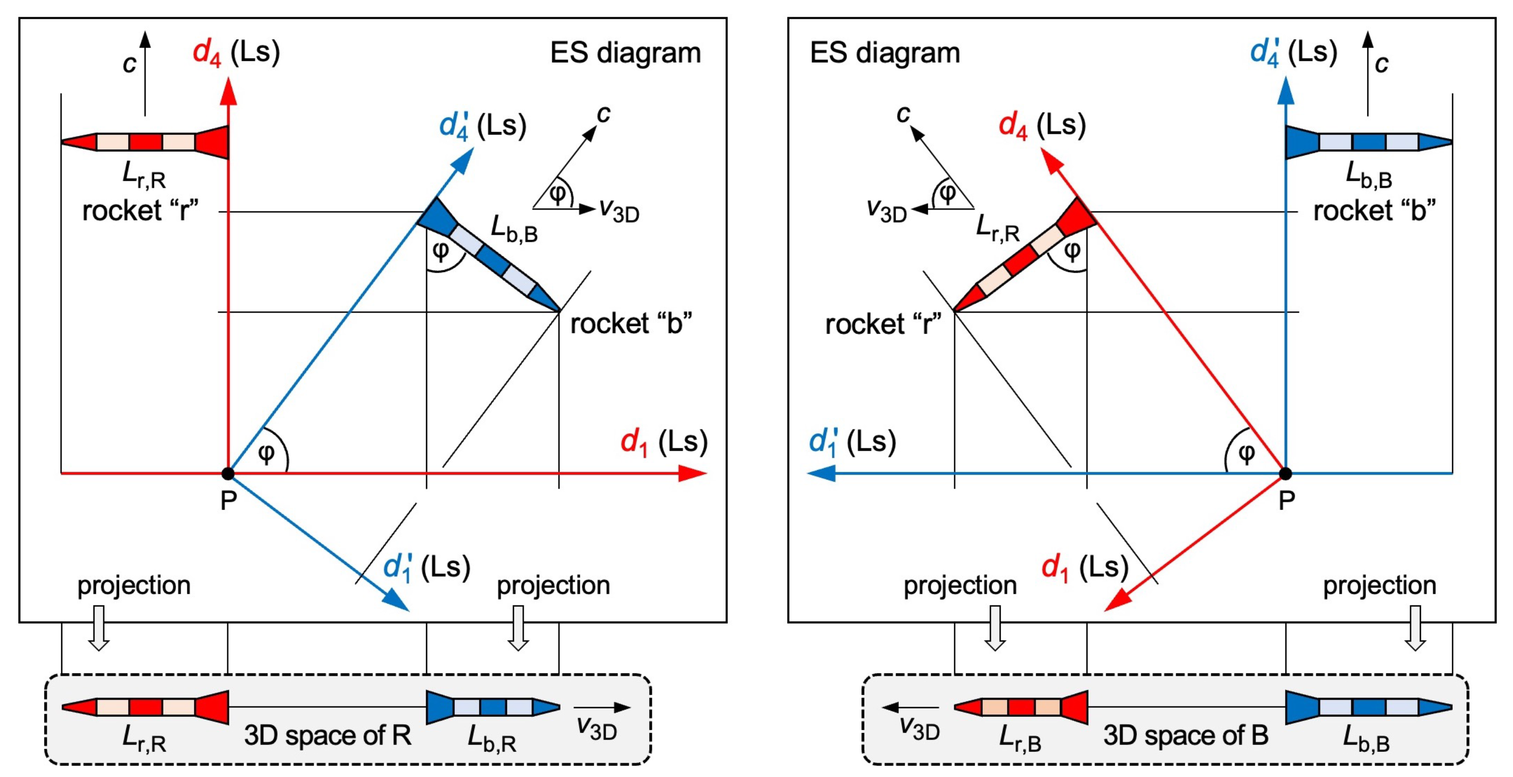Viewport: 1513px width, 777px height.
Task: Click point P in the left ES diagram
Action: (228, 473)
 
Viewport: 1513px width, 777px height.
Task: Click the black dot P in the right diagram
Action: (1285, 473)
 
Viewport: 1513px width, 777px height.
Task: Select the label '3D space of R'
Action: (327, 735)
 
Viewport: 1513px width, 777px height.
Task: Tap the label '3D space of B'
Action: (1185, 735)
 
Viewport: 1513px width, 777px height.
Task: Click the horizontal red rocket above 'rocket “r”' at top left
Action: (145, 142)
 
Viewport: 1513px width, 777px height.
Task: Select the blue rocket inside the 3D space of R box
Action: (493, 707)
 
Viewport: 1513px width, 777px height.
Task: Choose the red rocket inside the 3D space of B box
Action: (1021, 707)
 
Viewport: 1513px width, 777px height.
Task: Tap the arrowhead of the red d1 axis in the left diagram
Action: (693, 473)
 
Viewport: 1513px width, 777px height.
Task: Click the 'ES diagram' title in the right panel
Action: (884, 53)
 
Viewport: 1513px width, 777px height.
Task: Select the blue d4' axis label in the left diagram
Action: (482, 126)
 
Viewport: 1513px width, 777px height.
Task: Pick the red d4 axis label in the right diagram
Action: (1041, 126)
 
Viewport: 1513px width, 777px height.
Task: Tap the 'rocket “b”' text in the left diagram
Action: (631, 323)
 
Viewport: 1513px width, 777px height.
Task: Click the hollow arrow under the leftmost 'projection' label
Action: (99, 629)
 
